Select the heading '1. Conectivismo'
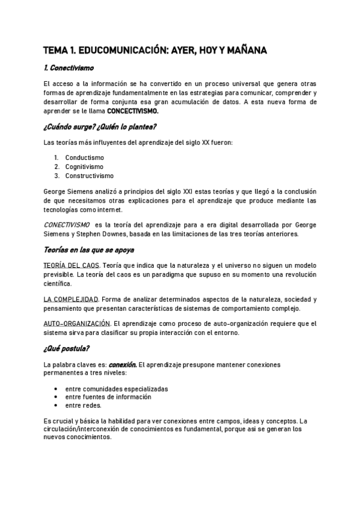(x=69, y=69)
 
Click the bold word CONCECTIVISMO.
(x=133, y=111)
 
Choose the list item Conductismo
(x=84, y=158)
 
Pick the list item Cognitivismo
(x=84, y=167)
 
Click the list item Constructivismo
(x=89, y=176)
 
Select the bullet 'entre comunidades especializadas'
(x=117, y=389)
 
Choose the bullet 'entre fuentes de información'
(x=108, y=397)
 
